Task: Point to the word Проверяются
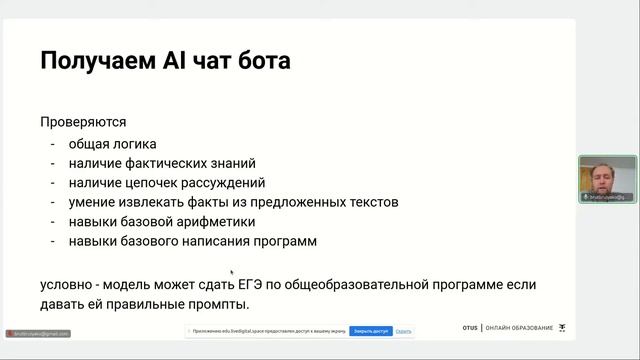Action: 83,123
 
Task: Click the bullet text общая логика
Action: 113,144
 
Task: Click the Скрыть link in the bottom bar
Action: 404,330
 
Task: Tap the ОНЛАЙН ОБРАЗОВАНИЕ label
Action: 519,328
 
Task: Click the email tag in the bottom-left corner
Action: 37,333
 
